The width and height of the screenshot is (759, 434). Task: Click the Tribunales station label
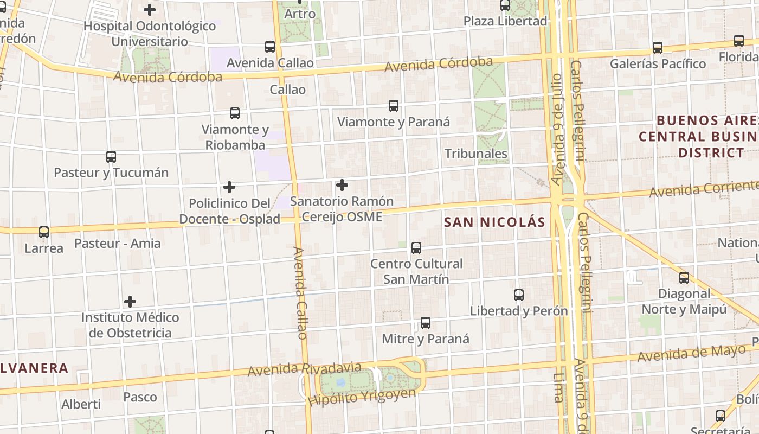(476, 154)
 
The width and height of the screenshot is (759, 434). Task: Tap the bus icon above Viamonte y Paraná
(394, 106)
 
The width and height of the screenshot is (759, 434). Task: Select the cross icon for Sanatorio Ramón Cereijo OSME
(342, 186)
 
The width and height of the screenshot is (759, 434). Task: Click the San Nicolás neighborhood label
(494, 222)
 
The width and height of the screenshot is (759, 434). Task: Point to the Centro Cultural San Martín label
(416, 271)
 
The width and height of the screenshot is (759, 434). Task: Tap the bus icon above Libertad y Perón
(519, 295)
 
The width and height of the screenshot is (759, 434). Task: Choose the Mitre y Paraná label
(426, 339)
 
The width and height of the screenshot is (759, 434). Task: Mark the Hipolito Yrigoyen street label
(362, 397)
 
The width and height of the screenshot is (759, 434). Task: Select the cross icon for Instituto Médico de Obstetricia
(130, 302)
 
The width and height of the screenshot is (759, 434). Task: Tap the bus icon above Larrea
(44, 232)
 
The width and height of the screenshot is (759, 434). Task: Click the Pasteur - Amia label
(118, 243)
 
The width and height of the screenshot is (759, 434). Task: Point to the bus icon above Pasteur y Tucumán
(111, 157)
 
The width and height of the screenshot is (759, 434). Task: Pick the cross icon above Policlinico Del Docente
(229, 188)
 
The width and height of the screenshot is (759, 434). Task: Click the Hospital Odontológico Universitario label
(150, 34)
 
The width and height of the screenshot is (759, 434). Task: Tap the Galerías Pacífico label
(658, 64)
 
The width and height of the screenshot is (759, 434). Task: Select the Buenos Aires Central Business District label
(699, 136)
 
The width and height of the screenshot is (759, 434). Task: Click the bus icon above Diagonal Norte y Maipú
(684, 278)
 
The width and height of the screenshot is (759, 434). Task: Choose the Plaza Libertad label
(505, 21)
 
